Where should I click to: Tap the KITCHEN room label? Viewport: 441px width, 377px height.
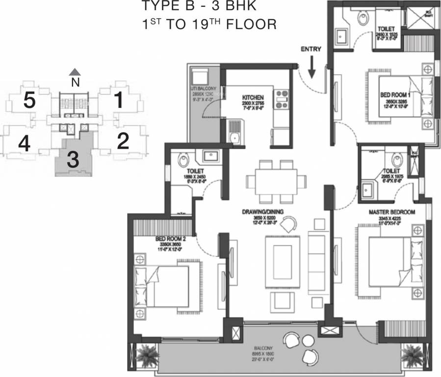tap(253, 98)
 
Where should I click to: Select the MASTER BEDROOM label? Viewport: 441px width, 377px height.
tap(392, 212)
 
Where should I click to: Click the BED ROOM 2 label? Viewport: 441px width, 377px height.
tap(169, 239)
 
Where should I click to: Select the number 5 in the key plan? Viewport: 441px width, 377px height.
tap(29, 101)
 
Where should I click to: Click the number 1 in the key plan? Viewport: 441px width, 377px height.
tap(118, 101)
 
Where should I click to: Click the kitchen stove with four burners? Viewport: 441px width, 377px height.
tap(281, 98)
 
